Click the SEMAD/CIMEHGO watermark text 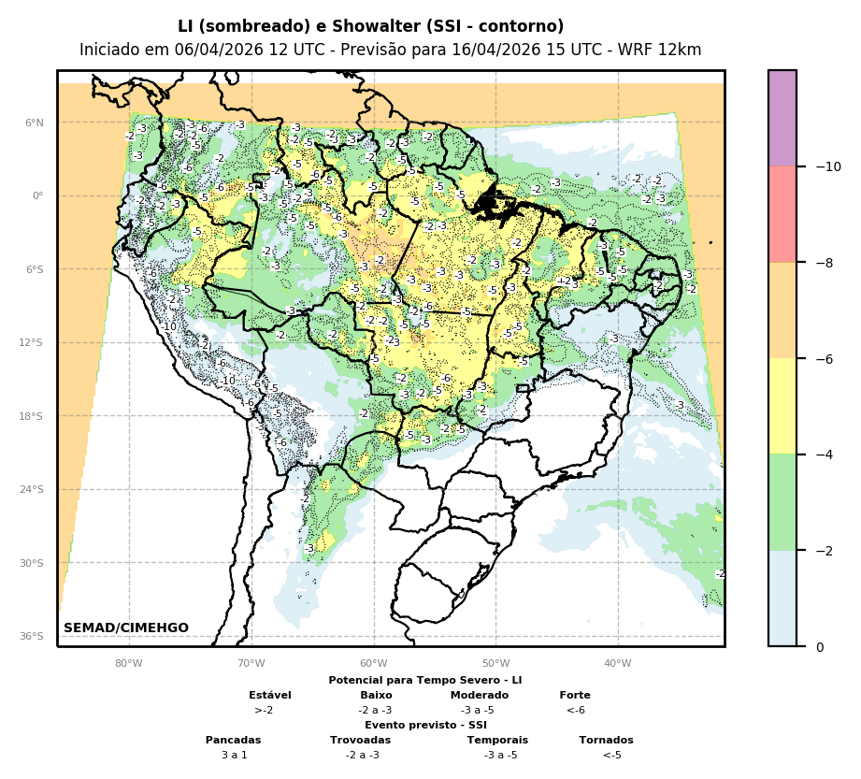(125, 628)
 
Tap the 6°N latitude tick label (35, 123)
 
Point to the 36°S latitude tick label (33, 636)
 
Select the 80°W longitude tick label (129, 664)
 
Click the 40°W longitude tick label (618, 664)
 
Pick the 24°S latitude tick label (33, 489)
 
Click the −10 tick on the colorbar (827, 166)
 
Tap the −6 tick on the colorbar (825, 359)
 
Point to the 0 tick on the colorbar (820, 647)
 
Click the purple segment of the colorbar (782, 118)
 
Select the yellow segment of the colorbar (782, 406)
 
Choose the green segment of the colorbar (782, 502)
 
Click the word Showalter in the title (319, 26)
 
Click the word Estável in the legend (270, 695)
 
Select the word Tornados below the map (606, 740)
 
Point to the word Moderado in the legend (480, 695)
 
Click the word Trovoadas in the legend (360, 740)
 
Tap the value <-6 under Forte (575, 710)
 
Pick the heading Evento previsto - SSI (425, 725)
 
